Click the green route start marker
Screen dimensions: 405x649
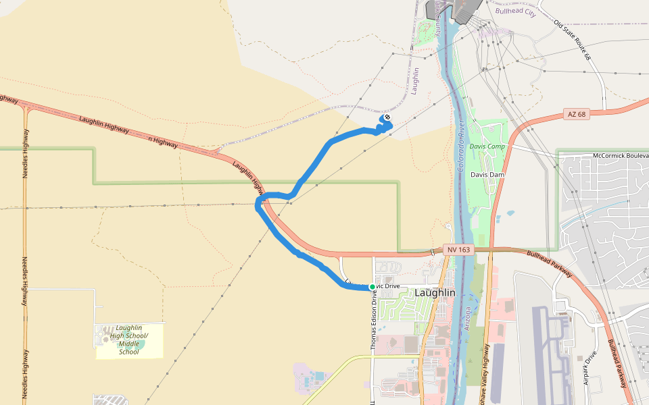point(372,287)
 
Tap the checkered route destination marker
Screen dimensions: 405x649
point(387,118)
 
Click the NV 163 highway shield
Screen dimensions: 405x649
point(454,250)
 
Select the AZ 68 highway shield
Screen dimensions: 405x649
point(577,115)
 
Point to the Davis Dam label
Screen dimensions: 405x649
point(488,174)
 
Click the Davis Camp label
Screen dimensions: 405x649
point(487,146)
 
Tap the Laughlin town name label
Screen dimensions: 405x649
point(435,293)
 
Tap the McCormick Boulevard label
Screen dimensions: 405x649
point(620,155)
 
